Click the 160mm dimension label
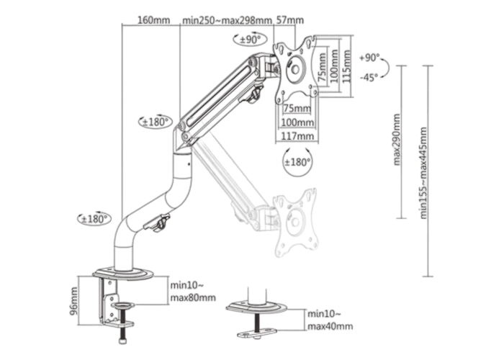click(153, 20)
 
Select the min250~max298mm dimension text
click(228, 20)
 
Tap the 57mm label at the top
click(290, 20)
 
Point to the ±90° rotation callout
click(250, 39)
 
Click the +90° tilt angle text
click(369, 58)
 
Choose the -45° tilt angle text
click(369, 78)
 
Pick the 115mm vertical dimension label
click(346, 66)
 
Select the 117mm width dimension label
click(297, 136)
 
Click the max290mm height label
click(397, 140)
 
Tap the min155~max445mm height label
click(423, 173)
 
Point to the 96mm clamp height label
click(74, 301)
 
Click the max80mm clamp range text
click(193, 297)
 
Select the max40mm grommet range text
click(330, 326)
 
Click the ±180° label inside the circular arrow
click(297, 162)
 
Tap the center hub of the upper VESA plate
click(295, 69)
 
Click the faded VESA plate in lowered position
click(294, 222)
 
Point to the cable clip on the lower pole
click(157, 222)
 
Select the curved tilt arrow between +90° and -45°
click(385, 68)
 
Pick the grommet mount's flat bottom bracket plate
click(257, 333)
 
